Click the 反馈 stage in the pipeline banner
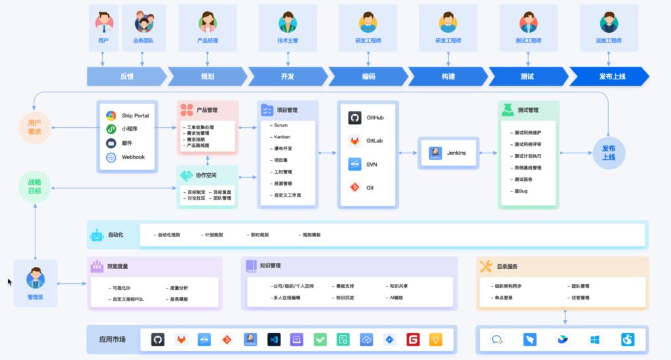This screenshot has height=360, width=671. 126,76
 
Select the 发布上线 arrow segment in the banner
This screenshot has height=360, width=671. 611,76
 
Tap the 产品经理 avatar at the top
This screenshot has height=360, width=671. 208,22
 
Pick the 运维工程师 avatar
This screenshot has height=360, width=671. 609,22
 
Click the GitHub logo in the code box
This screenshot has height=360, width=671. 355,118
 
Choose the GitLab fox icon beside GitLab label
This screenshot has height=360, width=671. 355,141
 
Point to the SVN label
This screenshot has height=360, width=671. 372,164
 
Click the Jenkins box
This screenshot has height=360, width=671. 448,153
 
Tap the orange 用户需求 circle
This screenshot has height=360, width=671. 34,127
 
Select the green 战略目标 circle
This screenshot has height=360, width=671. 34,186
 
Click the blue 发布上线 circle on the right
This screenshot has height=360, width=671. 609,153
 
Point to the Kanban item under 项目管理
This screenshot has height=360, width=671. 282,136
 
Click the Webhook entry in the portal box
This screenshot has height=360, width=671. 134,157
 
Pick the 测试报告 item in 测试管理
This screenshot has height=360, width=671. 524,179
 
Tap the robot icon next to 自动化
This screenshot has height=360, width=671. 97,235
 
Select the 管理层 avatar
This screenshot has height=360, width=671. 35,279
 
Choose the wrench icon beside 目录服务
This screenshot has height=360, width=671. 486,266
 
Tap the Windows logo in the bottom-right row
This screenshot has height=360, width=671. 595,340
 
